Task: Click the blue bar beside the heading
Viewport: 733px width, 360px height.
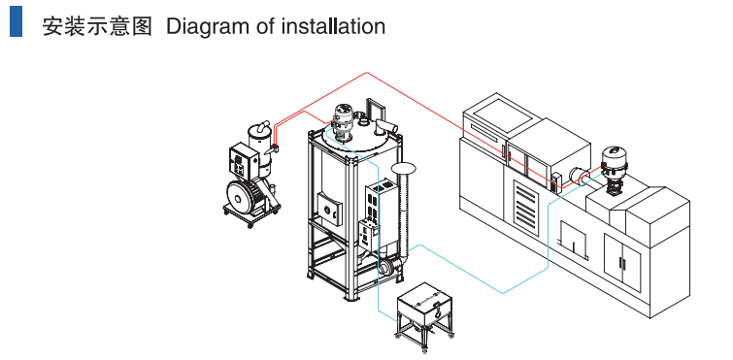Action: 16,21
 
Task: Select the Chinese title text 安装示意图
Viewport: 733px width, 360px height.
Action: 97,26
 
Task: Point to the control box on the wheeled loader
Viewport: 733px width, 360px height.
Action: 244,161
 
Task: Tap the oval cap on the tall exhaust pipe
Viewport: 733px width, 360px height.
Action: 404,167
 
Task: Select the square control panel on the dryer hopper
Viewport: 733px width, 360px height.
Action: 330,211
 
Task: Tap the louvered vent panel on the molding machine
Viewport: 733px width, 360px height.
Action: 526,202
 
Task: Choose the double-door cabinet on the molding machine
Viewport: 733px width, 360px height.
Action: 622,262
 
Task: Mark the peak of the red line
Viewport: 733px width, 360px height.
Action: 367,73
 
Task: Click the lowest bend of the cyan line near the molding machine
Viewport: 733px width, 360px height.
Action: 503,293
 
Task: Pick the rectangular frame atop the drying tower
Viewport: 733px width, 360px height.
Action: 376,112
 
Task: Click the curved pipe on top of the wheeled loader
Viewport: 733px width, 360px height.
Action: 263,127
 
